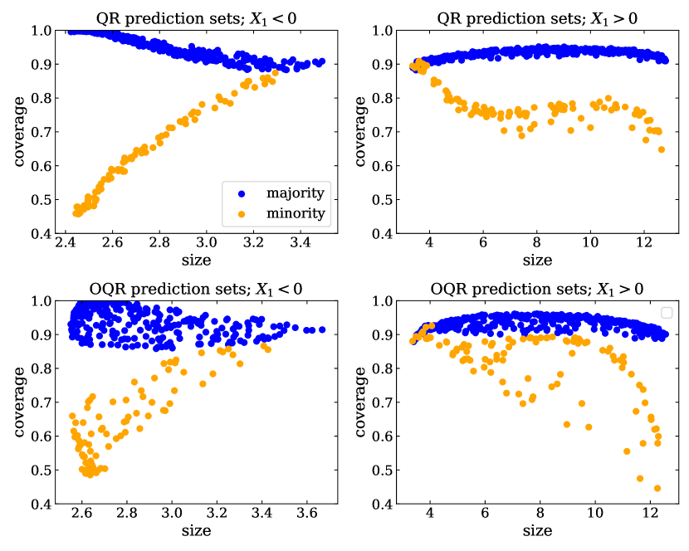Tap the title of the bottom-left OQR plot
(x=195, y=288)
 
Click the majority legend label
(x=295, y=193)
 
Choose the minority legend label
(x=295, y=215)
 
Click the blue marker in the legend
(x=242, y=193)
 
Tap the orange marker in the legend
(x=242, y=215)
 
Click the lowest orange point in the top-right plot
(x=662, y=150)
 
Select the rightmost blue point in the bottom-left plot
(x=321, y=329)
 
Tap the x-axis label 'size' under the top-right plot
(x=537, y=260)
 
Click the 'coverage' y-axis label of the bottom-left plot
(x=17, y=401)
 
